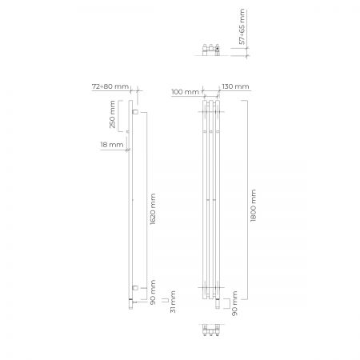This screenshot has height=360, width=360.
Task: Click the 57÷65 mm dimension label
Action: pos(242,26)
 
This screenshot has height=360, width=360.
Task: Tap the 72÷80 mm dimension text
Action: pos(110,86)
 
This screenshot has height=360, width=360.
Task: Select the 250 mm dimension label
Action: pos(112,114)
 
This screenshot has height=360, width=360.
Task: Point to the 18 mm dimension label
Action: pos(112,145)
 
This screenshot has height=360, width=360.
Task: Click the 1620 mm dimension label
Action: pos(153,209)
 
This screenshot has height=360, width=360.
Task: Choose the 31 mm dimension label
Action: pos(173,302)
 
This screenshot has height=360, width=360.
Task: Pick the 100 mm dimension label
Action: pos(185,92)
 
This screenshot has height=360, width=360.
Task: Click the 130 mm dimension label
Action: pos(235,86)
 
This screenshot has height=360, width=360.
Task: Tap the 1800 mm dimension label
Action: pos(254,206)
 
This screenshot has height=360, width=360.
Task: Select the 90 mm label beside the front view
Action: pos(234,303)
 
